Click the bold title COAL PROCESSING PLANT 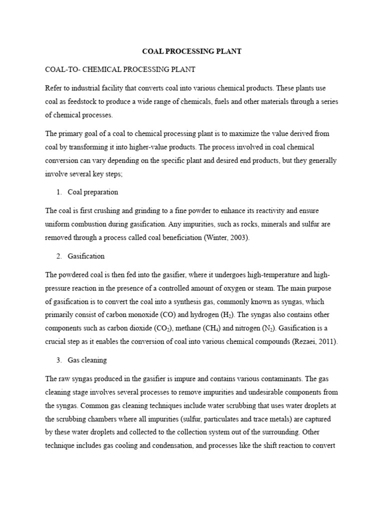[192, 51]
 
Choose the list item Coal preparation [92, 192]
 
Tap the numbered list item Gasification [86, 256]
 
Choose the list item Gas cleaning [87, 360]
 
